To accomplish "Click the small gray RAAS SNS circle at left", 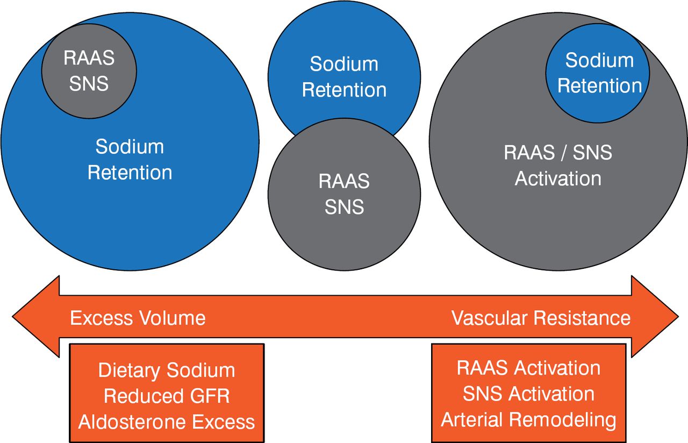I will tap(89, 70).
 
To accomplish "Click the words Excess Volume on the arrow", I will tap(138, 318).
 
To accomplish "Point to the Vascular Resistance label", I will tap(541, 318).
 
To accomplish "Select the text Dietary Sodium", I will tap(167, 370).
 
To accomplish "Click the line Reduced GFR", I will tap(167, 396).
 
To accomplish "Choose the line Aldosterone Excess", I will tap(167, 422).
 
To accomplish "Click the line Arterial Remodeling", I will tap(529, 419).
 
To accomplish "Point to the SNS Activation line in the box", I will tap(529, 394).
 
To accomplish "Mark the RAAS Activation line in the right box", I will tap(529, 368).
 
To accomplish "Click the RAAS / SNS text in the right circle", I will tap(558, 153).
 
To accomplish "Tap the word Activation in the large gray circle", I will tap(558, 178).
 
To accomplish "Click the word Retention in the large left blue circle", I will tap(130, 173).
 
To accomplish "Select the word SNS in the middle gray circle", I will tap(344, 207).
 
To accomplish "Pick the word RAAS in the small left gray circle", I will tap(89, 58).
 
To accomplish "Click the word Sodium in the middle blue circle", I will tap(344, 65).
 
